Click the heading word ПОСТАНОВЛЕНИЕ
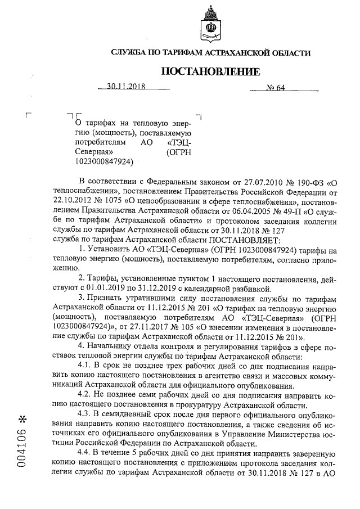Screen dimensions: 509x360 [211, 71]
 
